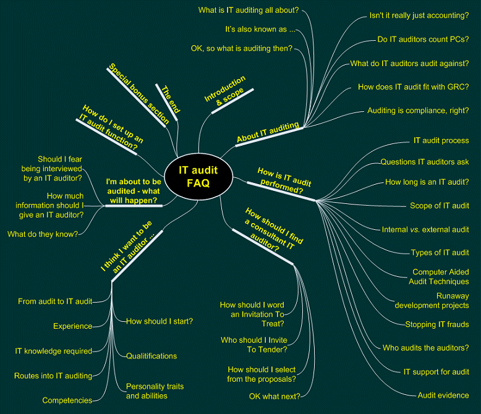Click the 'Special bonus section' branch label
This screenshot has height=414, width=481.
[x=138, y=93]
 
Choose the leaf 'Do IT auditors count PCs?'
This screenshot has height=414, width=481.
[x=423, y=40]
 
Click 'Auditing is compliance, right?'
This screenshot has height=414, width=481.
[x=418, y=111]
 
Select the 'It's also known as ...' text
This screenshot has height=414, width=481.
[x=260, y=29]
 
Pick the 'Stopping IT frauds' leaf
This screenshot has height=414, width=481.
[x=436, y=324]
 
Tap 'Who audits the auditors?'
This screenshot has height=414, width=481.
[x=425, y=348]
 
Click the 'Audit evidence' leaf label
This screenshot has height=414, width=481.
[x=443, y=395]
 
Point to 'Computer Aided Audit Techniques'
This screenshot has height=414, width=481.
[x=440, y=277]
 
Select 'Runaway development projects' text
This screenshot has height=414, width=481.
[x=432, y=300]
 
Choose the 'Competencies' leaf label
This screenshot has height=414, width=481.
[x=67, y=400]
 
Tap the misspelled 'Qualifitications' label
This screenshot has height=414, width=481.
[x=151, y=356]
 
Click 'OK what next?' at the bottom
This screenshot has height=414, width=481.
[x=275, y=396]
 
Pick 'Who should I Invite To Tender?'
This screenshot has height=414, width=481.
[x=253, y=345]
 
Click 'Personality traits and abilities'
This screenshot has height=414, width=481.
[x=155, y=391]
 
